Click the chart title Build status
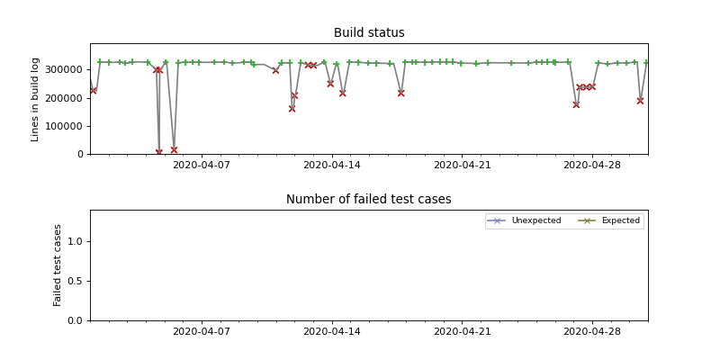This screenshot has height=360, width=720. tap(369, 33)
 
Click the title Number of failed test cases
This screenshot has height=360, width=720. tap(369, 200)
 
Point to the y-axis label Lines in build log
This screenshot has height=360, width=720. tap(36, 99)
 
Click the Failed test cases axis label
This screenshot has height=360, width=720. tap(58, 265)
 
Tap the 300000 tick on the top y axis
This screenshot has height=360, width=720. tap(66, 70)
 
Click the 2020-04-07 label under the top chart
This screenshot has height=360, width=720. tap(201, 166)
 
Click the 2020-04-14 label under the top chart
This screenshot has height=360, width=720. tap(332, 166)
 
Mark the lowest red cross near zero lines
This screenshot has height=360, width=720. tap(159, 152)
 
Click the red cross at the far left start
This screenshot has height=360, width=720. tap(94, 90)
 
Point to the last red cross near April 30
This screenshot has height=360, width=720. tap(640, 101)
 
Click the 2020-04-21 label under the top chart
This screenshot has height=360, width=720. tap(462, 166)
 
